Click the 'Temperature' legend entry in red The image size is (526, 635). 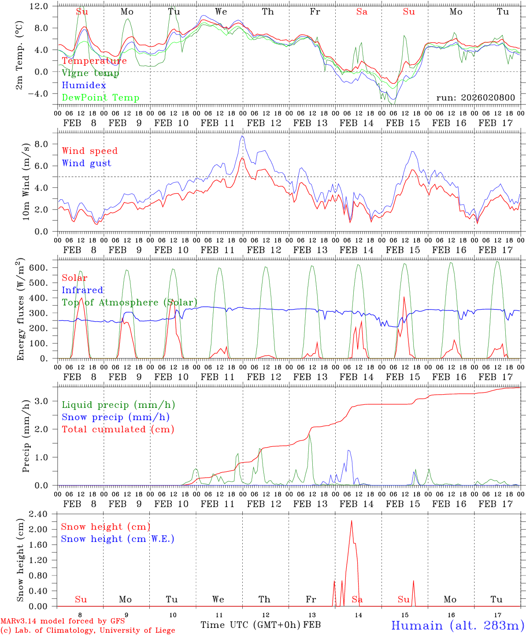pos(94,61)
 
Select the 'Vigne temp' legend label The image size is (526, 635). pos(90,73)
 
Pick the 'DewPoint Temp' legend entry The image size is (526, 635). pos(100,98)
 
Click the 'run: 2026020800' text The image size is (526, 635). pos(475,98)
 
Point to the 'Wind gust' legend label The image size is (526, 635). pos(87,163)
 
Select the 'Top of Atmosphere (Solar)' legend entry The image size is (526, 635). pos(130,303)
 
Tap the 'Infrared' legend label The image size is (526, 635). pos(82,290)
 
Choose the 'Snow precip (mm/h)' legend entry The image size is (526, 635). pos(116,417)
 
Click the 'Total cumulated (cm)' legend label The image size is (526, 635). pos(118,430)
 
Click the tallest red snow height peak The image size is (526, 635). pos(352,521)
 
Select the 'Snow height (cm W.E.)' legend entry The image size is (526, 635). pos(118,539)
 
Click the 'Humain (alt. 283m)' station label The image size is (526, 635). pos(457,626)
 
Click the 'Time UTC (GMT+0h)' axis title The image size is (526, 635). pos(251,625)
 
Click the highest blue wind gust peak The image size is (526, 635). pos(242,136)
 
